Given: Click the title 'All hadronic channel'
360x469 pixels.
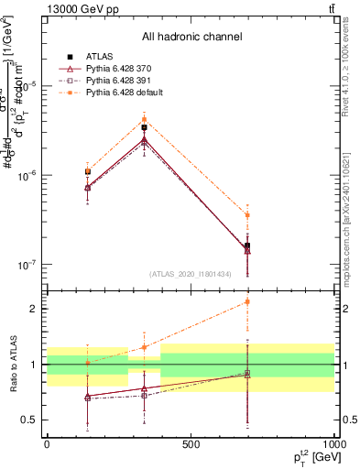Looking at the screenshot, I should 191,37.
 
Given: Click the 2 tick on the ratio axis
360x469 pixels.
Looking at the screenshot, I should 36,309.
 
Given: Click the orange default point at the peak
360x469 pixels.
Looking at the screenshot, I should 144,119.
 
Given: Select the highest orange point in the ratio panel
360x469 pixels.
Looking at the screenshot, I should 247,301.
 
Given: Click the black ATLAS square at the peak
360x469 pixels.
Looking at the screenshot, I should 144,127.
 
